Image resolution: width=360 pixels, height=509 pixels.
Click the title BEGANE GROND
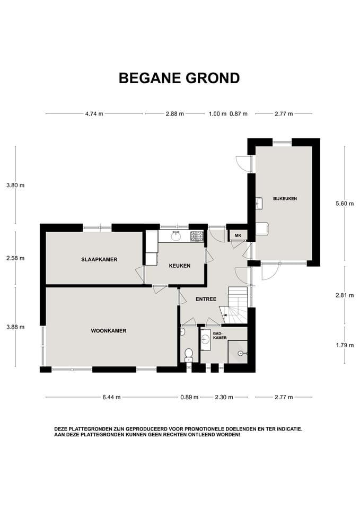point(179,78)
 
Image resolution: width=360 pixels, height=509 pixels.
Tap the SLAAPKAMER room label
point(99,259)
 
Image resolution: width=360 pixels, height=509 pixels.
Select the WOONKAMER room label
point(108,330)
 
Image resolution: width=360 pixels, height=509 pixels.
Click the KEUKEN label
point(179,266)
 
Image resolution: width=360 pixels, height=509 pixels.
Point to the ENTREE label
point(206,299)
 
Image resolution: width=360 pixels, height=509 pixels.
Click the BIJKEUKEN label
point(285,198)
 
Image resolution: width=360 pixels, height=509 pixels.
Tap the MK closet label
point(238,235)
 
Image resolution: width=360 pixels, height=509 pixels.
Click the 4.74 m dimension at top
point(94,113)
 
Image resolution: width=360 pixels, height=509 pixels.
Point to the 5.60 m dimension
point(345,203)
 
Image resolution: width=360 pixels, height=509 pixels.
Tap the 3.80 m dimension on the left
point(15,185)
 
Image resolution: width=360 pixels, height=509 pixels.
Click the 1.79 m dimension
point(345,345)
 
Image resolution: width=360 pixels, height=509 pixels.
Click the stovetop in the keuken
point(197,236)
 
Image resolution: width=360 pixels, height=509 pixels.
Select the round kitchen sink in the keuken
point(176,236)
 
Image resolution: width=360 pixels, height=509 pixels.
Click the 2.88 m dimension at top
point(174,113)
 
